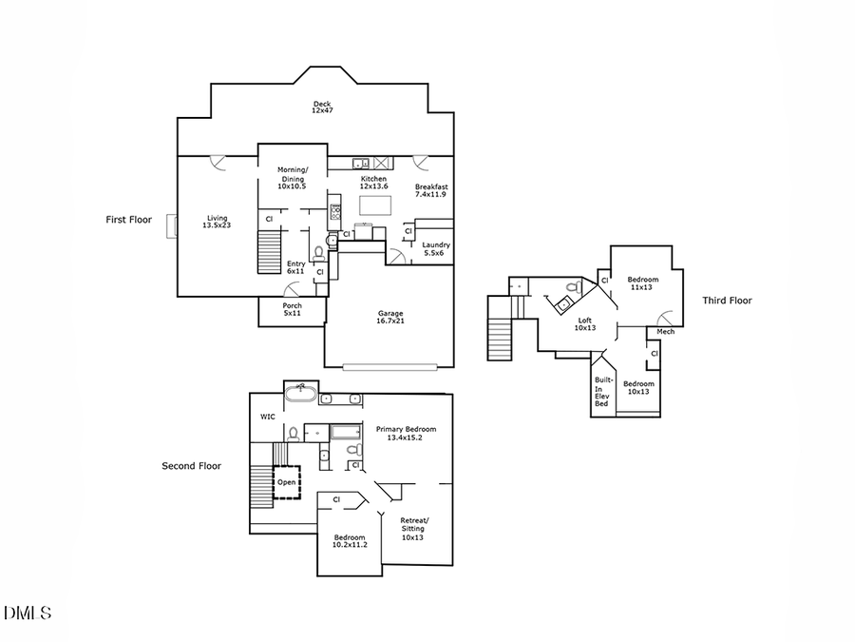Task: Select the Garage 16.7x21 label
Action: [x=391, y=317]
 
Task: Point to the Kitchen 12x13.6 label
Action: [x=373, y=183]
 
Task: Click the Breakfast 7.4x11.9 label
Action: [x=430, y=190]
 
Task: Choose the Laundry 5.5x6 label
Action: [x=436, y=249]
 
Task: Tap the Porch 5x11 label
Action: [x=292, y=310]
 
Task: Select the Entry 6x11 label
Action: [x=295, y=267]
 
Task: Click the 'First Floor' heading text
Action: [x=128, y=220]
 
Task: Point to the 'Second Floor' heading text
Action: [x=191, y=466]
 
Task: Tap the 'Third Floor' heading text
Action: [x=727, y=301]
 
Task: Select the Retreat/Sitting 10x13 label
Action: [x=414, y=529]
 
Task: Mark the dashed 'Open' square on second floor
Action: [x=286, y=482]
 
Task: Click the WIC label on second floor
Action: [x=268, y=417]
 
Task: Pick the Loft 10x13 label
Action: [x=585, y=324]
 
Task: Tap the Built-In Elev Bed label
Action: [x=601, y=391]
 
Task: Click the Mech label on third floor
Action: [x=665, y=332]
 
